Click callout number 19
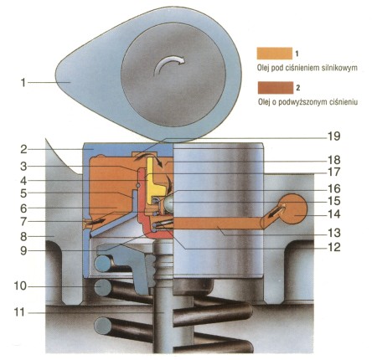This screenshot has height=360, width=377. point(333,136)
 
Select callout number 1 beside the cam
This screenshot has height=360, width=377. point(23,83)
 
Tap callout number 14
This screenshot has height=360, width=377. point(334,214)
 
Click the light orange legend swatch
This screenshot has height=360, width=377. point(275,54)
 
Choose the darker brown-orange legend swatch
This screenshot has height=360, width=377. point(276,88)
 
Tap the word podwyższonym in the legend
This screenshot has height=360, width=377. point(307,102)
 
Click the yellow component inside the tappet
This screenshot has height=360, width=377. point(154,182)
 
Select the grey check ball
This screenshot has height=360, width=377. point(168,203)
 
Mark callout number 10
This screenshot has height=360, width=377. point(21,286)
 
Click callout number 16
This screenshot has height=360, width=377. point(334,188)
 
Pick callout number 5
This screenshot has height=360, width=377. point(23,193)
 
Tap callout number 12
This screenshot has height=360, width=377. point(334,247)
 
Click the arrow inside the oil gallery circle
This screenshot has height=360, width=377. point(276,212)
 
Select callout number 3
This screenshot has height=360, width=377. point(23,167)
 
